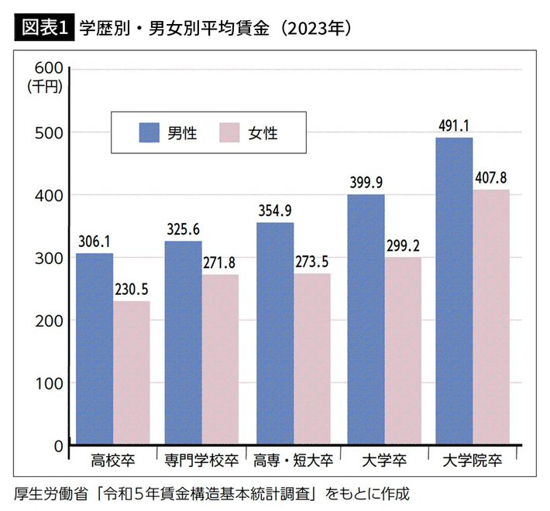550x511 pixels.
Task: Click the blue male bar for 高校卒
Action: click(95, 348)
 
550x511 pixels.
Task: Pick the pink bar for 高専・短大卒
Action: click(311, 359)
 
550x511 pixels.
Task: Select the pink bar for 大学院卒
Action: click(491, 317)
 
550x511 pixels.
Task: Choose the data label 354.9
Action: click(274, 211)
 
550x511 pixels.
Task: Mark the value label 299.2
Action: click(401, 246)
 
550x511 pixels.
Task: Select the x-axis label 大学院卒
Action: click(473, 460)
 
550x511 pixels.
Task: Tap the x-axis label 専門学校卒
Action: click(201, 460)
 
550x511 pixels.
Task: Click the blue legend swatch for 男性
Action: click(148, 133)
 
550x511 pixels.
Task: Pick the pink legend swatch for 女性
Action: click(229, 133)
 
